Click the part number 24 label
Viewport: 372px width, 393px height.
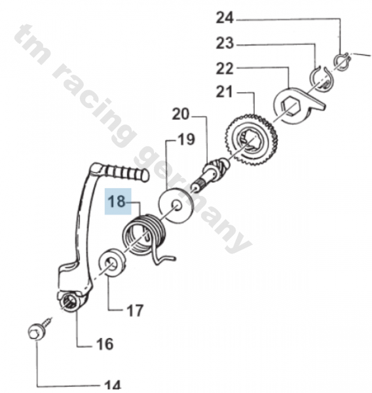tap(225, 16)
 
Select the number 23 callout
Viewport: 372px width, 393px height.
tap(225, 44)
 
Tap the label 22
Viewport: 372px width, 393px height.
tap(225, 68)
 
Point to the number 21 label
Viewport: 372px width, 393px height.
tap(225, 92)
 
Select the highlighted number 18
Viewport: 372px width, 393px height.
tap(119, 202)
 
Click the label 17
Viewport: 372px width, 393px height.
tap(134, 310)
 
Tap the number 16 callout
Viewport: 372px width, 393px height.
tap(105, 344)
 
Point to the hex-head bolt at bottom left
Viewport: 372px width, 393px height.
tap(35, 331)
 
